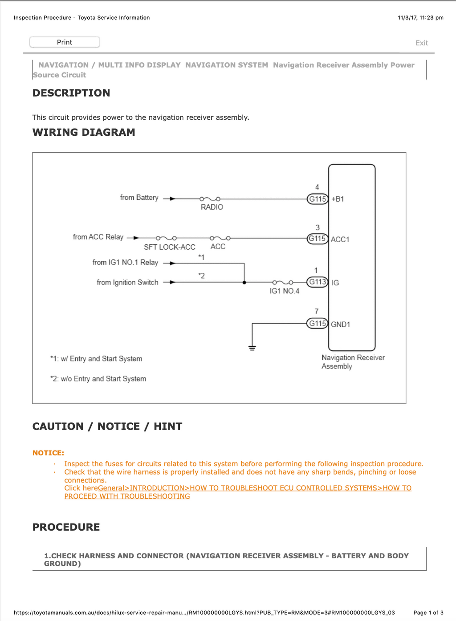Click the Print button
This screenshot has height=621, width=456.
click(65, 42)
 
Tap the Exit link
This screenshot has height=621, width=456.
click(422, 43)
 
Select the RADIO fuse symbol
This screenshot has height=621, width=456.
click(210, 199)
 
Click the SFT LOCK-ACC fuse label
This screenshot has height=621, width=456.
click(170, 247)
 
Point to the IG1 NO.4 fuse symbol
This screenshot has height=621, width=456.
click(283, 282)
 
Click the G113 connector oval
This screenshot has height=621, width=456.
click(318, 282)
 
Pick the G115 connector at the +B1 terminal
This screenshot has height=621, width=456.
click(318, 199)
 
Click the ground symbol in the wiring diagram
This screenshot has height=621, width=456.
click(252, 348)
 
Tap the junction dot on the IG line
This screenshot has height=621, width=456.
click(244, 283)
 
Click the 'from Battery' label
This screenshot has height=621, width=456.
click(139, 198)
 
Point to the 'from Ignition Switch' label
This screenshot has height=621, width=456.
click(127, 283)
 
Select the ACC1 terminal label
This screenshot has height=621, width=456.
click(340, 239)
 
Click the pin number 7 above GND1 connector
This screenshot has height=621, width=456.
click(317, 312)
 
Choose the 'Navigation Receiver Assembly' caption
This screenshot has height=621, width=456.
click(353, 362)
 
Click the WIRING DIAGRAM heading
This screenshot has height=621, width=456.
click(84, 132)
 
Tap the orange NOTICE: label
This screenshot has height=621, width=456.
click(48, 453)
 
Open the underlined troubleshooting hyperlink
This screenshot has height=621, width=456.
click(238, 492)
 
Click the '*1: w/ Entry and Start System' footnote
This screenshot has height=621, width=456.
click(96, 359)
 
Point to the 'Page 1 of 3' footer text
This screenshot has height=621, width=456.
click(428, 613)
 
